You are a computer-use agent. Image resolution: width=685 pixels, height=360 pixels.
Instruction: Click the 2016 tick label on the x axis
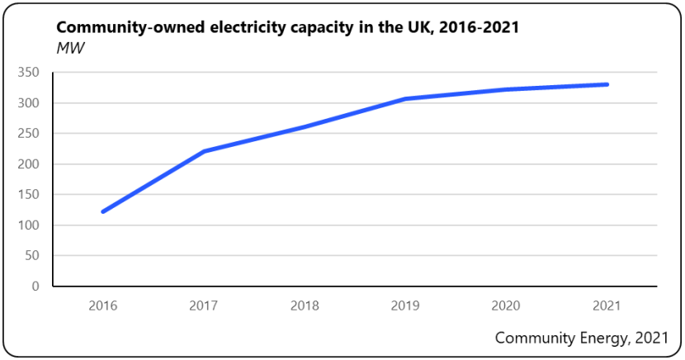[103, 306]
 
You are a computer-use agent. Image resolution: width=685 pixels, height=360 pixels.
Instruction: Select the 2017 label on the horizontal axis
[204, 306]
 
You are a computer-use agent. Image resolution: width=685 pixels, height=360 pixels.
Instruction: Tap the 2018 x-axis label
[305, 306]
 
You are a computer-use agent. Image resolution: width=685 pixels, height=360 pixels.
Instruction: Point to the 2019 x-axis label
[405, 306]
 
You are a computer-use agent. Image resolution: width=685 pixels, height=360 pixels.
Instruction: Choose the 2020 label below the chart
[506, 306]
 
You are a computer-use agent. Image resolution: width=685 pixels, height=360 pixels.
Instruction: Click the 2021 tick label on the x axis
[607, 306]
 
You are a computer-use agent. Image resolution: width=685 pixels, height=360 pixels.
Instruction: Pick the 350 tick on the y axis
[29, 73]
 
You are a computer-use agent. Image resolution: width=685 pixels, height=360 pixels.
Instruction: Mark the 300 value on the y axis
[29, 103]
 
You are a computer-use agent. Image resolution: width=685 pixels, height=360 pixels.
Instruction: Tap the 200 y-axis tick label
[29, 164]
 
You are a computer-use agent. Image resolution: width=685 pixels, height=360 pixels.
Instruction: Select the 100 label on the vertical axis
[29, 225]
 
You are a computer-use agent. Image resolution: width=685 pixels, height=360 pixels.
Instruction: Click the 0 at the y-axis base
[35, 287]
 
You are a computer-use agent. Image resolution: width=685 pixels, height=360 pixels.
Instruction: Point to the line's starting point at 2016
[103, 211]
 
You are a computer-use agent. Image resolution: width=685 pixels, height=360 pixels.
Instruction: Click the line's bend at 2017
[204, 151]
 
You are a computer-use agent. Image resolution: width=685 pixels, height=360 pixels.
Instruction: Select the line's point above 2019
[405, 99]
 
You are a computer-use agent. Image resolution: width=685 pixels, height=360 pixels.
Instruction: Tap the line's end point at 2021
[607, 84]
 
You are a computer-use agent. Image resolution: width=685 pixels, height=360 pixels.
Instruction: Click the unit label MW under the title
[71, 48]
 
